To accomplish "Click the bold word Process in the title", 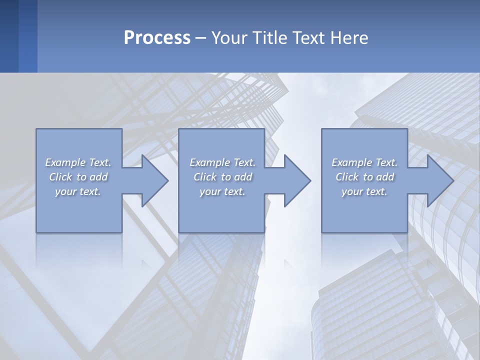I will tap(157, 38).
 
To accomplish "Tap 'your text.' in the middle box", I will tap(222, 191).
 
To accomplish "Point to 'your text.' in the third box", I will tap(364, 191).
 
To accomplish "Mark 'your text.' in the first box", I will tap(77, 191).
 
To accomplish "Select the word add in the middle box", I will tap(243, 177).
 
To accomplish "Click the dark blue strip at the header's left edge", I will tap(9, 36).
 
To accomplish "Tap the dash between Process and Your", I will tap(201, 38).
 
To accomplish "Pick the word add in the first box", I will tap(98, 177).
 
